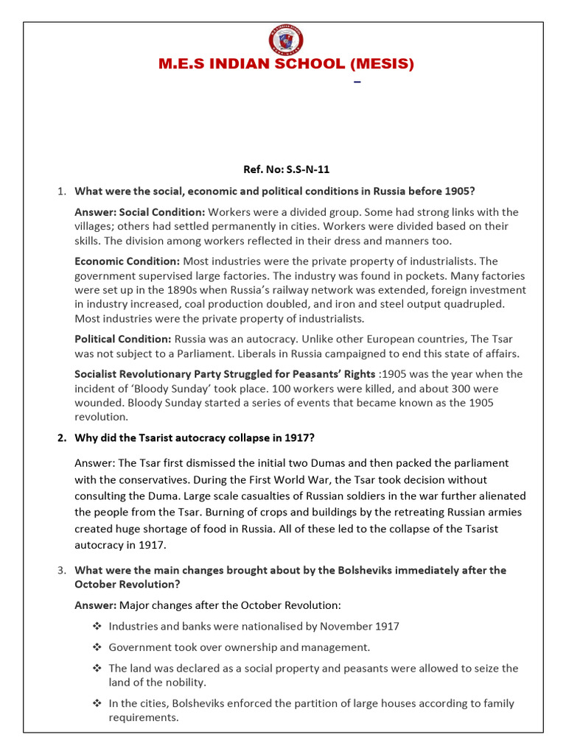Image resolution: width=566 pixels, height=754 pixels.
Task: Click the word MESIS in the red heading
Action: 377,65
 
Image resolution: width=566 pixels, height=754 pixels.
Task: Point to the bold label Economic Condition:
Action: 127,261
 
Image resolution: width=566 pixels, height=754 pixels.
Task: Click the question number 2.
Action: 62,437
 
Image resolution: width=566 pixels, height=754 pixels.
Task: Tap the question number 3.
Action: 62,571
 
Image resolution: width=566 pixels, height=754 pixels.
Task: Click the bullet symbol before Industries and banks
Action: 97,627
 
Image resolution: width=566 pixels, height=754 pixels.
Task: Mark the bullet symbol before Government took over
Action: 97,648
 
